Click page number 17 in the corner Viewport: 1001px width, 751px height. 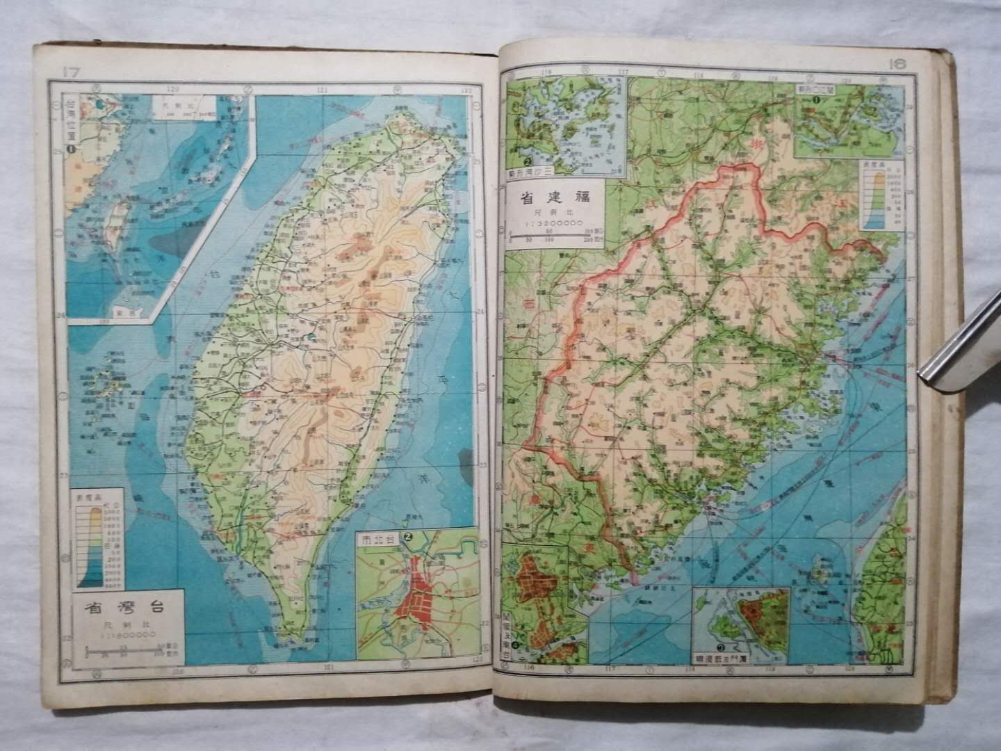[x=72, y=71]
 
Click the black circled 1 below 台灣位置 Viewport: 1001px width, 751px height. [x=70, y=148]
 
